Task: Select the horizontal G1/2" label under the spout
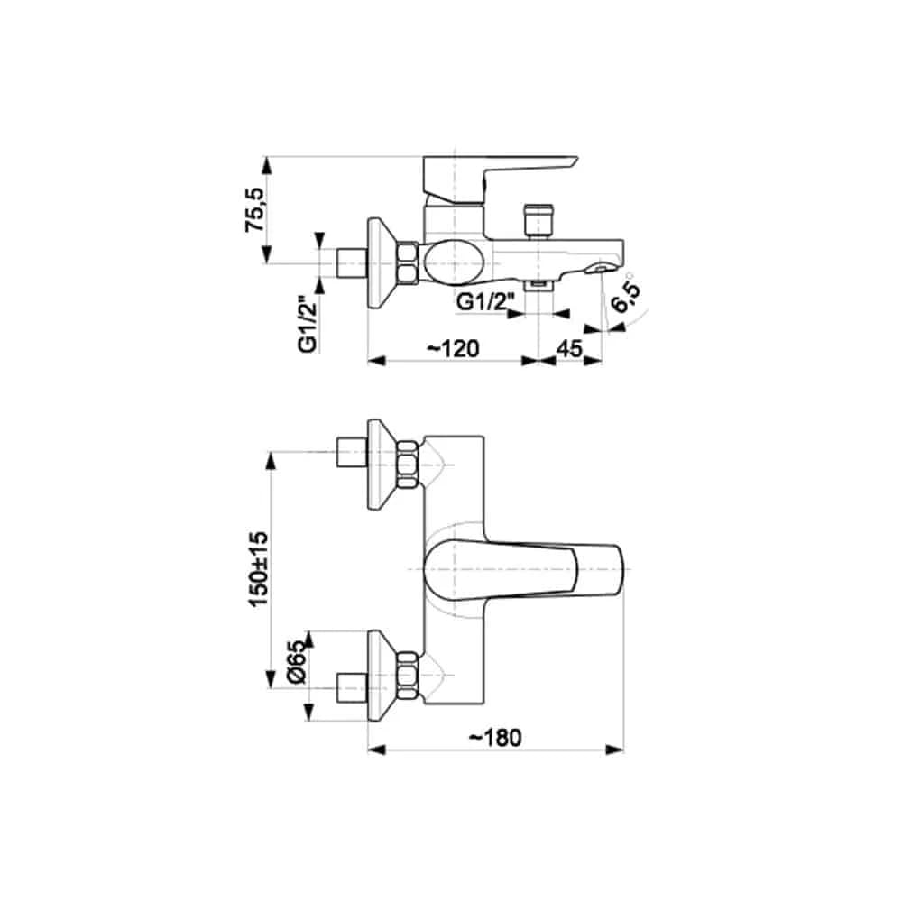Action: click(x=485, y=301)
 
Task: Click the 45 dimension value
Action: click(x=570, y=348)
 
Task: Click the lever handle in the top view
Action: click(x=523, y=570)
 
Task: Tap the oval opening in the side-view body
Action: click(x=453, y=262)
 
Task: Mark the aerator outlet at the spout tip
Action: click(x=601, y=268)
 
